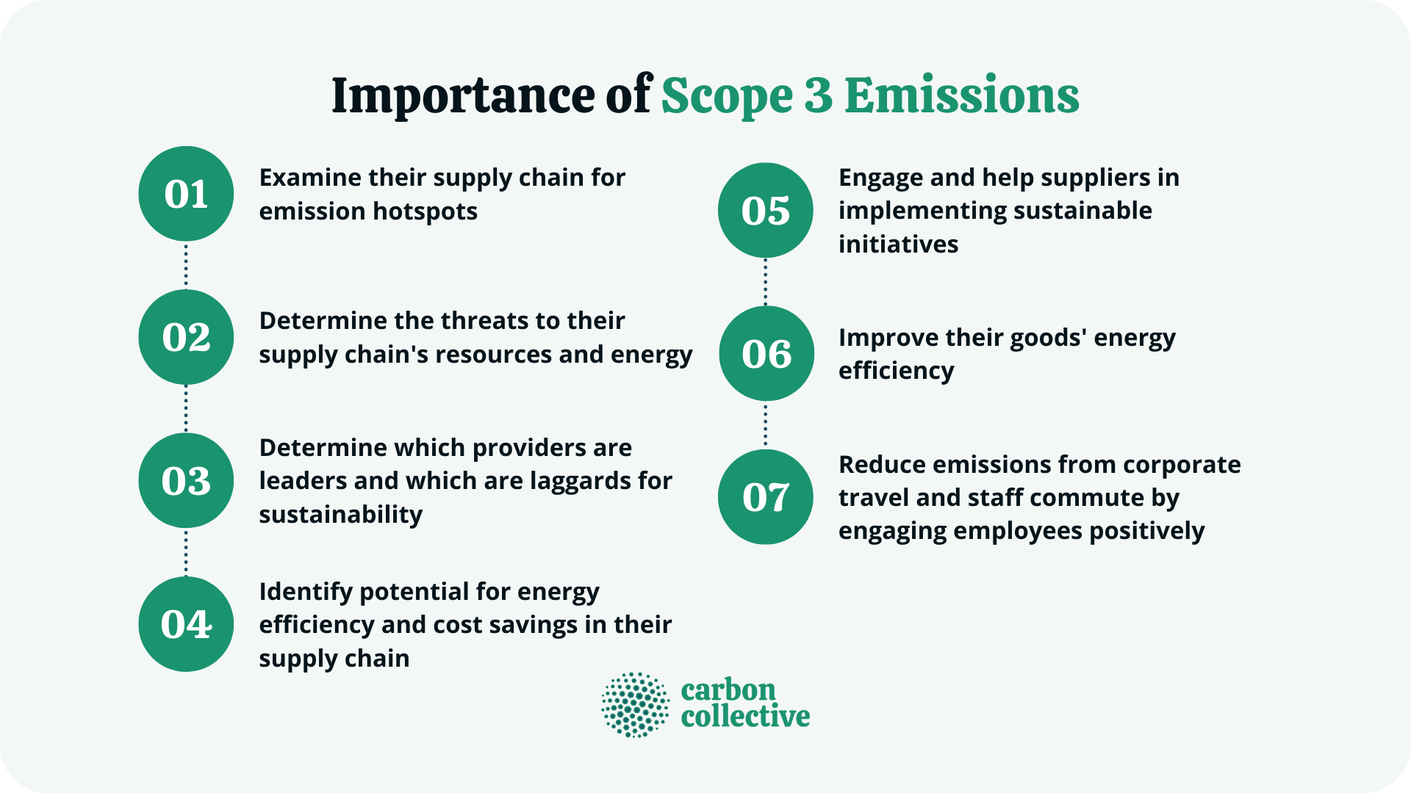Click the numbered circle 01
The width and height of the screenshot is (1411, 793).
tap(186, 194)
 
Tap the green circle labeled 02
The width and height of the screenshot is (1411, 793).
tap(186, 337)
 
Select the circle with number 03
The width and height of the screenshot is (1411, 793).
tap(186, 481)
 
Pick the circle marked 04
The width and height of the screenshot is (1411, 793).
tap(186, 624)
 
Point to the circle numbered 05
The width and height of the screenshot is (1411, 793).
tap(766, 210)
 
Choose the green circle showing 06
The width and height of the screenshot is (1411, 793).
tap(766, 353)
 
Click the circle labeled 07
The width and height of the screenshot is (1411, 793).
tap(766, 497)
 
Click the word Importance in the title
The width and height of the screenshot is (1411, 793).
tap(463, 96)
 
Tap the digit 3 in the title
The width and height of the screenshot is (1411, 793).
tap(818, 96)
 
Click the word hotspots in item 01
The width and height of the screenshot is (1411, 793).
tap(425, 211)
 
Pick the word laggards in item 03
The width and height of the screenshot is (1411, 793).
tap(581, 481)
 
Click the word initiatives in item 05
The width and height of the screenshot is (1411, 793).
tap(898, 244)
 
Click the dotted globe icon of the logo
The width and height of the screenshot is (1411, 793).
tap(636, 705)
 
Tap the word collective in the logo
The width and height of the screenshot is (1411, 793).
tap(745, 717)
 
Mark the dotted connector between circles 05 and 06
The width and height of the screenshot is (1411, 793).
tap(766, 282)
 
